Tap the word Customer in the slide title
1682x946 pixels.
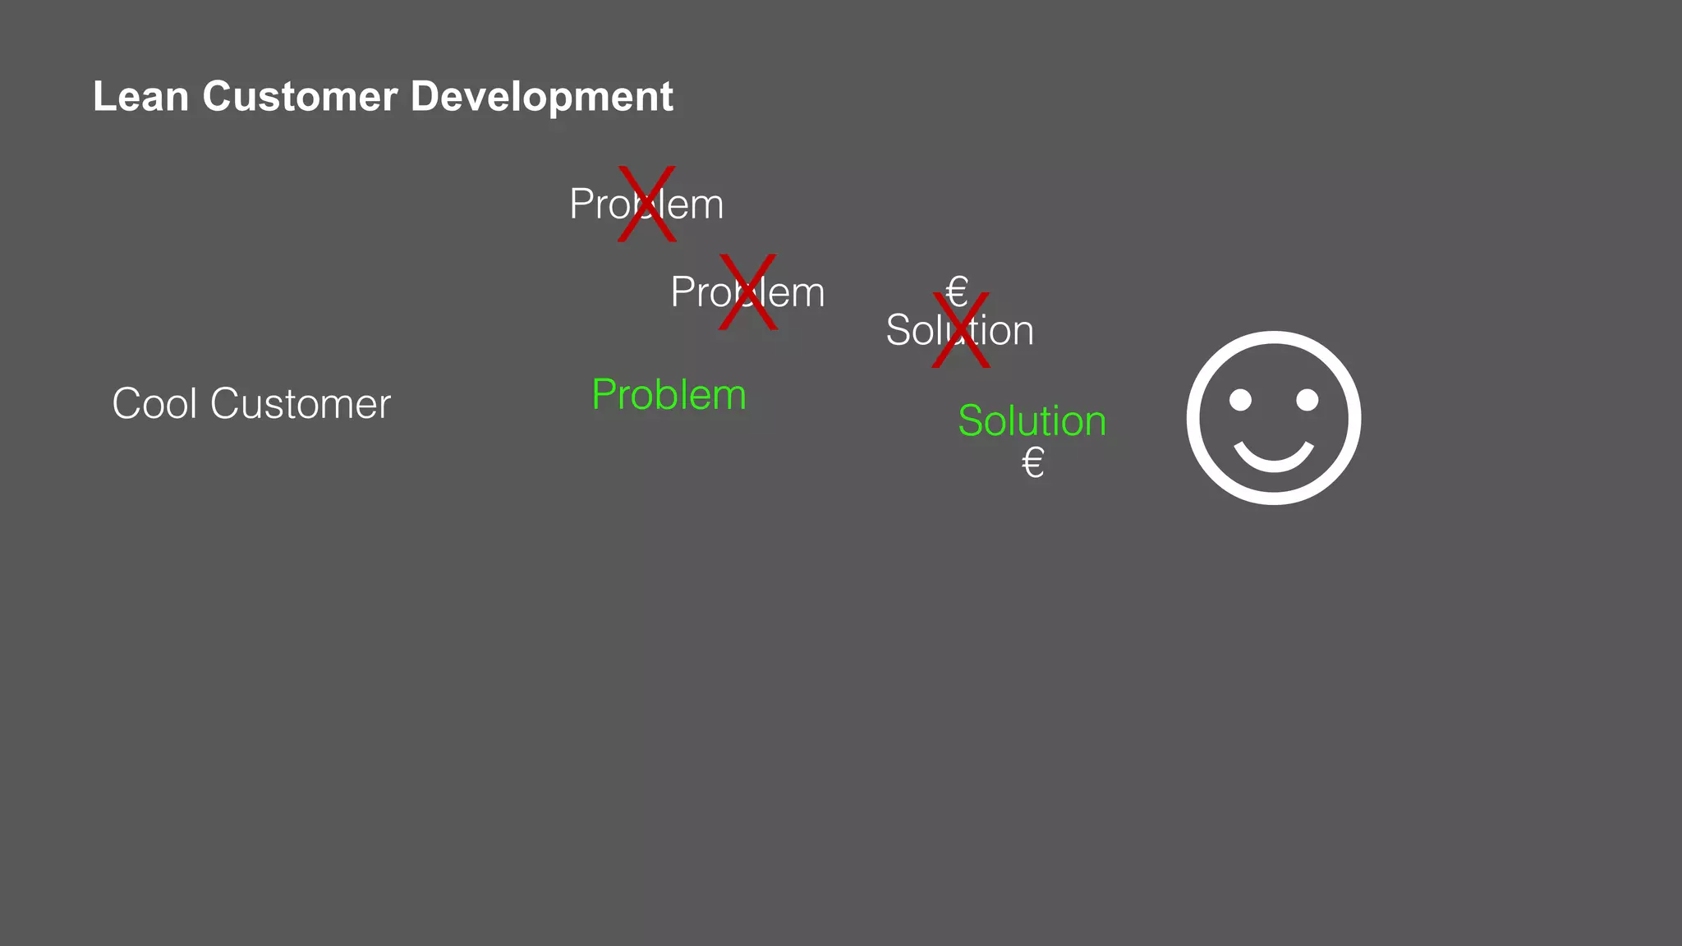(300, 97)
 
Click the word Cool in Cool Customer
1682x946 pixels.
(155, 404)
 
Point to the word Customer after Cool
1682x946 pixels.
(301, 405)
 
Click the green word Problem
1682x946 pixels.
(669, 396)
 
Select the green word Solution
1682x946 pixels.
(1032, 421)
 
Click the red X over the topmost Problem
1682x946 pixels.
(647, 204)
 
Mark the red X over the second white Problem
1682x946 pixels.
(747, 292)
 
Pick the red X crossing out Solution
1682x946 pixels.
(961, 330)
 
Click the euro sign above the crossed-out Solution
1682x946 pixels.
(957, 290)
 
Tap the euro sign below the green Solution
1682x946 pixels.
(1032, 463)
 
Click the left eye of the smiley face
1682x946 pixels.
(1240, 400)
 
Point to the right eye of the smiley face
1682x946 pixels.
(1307, 400)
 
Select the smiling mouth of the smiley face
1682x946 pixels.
(1274, 458)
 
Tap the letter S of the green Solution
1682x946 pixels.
(971, 421)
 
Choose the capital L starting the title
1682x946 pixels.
(103, 97)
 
